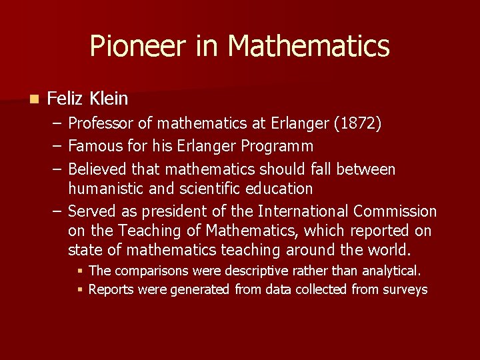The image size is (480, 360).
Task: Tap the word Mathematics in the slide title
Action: (x=308, y=45)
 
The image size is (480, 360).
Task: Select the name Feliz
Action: (x=65, y=99)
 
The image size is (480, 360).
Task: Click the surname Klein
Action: (x=108, y=99)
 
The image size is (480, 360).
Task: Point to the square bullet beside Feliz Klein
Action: (x=34, y=99)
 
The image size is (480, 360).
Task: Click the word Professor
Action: (x=102, y=123)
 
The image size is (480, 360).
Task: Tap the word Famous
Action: (x=95, y=146)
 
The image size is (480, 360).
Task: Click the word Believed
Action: (x=99, y=169)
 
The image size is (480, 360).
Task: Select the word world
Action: (x=393, y=250)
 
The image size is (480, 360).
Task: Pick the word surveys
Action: (x=404, y=289)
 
